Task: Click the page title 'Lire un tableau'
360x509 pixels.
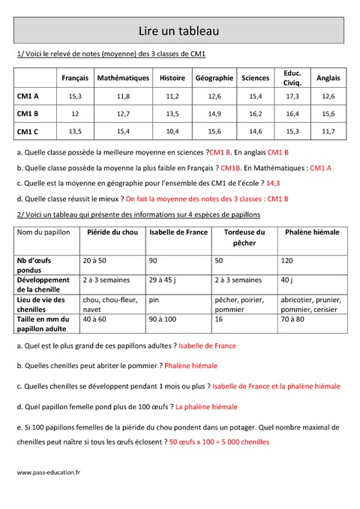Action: point(178,31)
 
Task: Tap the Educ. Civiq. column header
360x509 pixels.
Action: point(292,78)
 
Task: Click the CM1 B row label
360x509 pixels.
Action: point(28,114)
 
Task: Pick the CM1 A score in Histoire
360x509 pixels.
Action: point(172,96)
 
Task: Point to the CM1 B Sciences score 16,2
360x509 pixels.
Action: point(256,114)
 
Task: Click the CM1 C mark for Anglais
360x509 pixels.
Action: point(328,131)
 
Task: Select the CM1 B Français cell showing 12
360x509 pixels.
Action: point(75,114)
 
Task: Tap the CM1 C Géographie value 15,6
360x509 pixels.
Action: point(214,131)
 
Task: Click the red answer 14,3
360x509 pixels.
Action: point(273,183)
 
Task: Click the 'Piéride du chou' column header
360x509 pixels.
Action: point(113,232)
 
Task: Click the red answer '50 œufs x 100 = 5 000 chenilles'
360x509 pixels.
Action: point(219,442)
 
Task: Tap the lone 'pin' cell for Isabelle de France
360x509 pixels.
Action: point(154,299)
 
